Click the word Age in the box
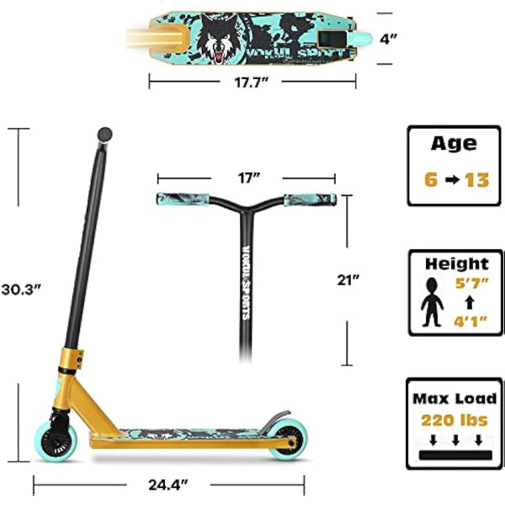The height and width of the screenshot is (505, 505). click(x=454, y=143)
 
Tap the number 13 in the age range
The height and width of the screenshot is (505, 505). click(x=475, y=180)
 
